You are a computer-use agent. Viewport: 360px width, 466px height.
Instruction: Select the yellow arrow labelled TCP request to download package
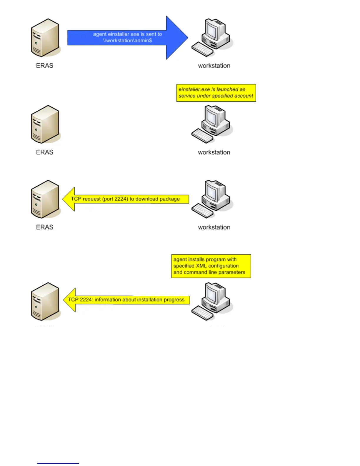(x=126, y=199)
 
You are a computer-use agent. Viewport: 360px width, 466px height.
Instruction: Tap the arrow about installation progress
(x=126, y=300)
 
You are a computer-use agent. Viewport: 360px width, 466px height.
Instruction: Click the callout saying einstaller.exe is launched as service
(x=216, y=93)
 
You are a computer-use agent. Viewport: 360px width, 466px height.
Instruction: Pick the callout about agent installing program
(x=211, y=266)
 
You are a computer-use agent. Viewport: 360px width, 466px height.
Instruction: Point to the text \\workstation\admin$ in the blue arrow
(x=127, y=41)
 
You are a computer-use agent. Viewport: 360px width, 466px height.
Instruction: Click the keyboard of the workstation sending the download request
(x=202, y=210)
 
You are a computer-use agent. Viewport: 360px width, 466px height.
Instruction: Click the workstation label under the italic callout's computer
(x=214, y=152)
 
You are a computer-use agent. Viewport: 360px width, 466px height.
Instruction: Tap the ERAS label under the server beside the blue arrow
(x=45, y=66)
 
